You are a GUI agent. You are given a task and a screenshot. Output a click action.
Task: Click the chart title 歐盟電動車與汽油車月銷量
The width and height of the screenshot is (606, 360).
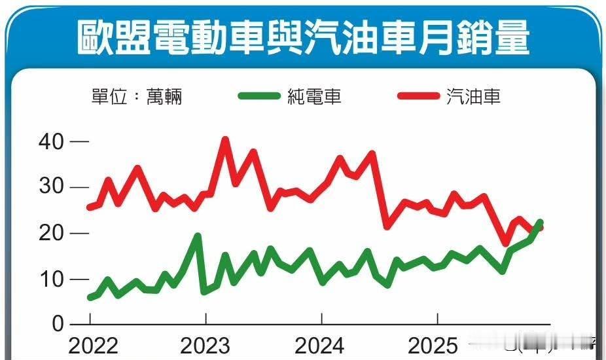pos(302,37)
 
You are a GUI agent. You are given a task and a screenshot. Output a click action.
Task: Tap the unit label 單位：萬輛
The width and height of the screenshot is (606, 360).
pos(137,98)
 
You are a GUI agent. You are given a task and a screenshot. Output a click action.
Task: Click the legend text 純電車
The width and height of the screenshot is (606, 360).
pos(314,98)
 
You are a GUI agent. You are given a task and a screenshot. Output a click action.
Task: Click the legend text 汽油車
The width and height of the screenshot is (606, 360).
pos(474,98)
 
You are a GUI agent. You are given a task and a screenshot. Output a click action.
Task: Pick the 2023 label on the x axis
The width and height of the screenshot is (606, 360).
pos(206,345)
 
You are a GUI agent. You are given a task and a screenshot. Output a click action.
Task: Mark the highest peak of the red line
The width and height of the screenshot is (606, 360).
pos(225,139)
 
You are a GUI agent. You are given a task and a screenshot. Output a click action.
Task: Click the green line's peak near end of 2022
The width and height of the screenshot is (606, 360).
pos(197,236)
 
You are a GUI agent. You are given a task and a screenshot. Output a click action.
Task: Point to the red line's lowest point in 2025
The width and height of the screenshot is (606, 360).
pos(506,243)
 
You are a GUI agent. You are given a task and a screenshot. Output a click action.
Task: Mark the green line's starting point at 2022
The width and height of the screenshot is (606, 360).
pos(90,298)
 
